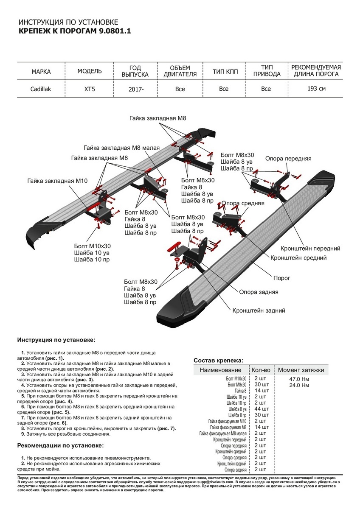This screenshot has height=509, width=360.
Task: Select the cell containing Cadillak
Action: (41, 89)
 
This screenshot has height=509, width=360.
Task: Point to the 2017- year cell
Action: (135, 89)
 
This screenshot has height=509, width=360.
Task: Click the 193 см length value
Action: (316, 89)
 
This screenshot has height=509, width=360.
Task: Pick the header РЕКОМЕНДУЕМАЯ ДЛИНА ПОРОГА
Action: (316, 71)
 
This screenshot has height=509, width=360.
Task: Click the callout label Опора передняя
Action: (288, 159)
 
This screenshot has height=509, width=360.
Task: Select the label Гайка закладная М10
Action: (57, 181)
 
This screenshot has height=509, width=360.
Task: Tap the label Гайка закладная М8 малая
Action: (121, 148)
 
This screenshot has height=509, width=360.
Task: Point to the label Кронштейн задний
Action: (259, 310)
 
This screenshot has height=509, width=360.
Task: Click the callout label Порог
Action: (281, 278)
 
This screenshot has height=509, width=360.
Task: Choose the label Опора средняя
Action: (243, 203)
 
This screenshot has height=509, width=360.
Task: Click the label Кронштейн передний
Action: (310, 249)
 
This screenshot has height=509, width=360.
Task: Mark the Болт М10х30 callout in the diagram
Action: (92, 246)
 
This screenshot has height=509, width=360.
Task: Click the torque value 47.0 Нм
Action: (299, 379)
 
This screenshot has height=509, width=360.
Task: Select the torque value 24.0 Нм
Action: (299, 385)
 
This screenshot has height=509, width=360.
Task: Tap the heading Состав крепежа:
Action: (218, 360)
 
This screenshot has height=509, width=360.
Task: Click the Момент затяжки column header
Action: (301, 370)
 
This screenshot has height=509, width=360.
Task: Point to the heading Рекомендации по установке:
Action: (60, 445)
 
